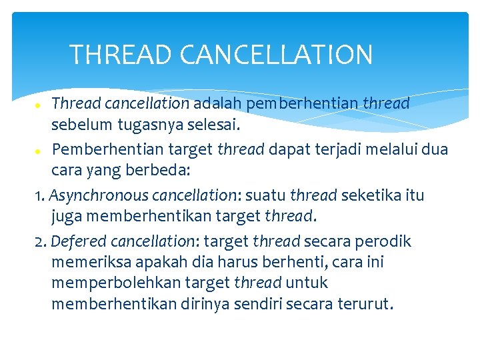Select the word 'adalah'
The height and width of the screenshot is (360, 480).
218,104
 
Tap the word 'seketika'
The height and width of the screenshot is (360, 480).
371,196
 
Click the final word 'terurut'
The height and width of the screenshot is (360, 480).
364,305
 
